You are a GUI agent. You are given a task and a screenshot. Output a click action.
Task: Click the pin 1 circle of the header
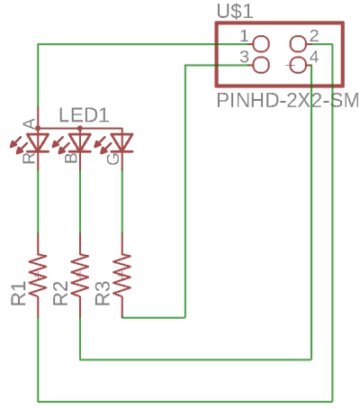(x=261, y=44)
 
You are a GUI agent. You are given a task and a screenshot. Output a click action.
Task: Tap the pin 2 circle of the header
(x=298, y=44)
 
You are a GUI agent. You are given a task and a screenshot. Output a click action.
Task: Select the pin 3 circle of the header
(x=261, y=65)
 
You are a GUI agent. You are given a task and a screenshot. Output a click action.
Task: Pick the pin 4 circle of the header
(x=298, y=65)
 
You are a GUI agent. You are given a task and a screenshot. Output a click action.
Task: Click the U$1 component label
(x=235, y=12)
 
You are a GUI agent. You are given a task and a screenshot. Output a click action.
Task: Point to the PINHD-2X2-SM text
(x=287, y=100)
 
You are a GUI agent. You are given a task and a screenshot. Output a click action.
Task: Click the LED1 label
(x=84, y=115)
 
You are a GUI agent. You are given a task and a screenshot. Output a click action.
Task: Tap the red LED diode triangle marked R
(x=38, y=142)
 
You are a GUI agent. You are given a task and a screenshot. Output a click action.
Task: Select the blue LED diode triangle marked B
(x=80, y=142)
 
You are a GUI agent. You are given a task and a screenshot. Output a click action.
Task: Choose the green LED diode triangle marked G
(x=121, y=142)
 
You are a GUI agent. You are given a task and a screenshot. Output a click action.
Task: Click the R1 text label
(x=19, y=294)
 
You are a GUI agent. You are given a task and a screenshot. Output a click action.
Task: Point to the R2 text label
(x=60, y=294)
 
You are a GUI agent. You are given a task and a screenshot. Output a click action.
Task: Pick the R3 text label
(x=103, y=294)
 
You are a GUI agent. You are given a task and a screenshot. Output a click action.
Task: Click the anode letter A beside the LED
(x=30, y=124)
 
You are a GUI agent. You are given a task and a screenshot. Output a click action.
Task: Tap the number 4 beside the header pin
(x=314, y=57)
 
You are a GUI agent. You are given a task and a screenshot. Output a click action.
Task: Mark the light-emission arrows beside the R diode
(x=18, y=142)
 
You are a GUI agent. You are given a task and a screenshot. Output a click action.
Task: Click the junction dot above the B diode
(x=80, y=128)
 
